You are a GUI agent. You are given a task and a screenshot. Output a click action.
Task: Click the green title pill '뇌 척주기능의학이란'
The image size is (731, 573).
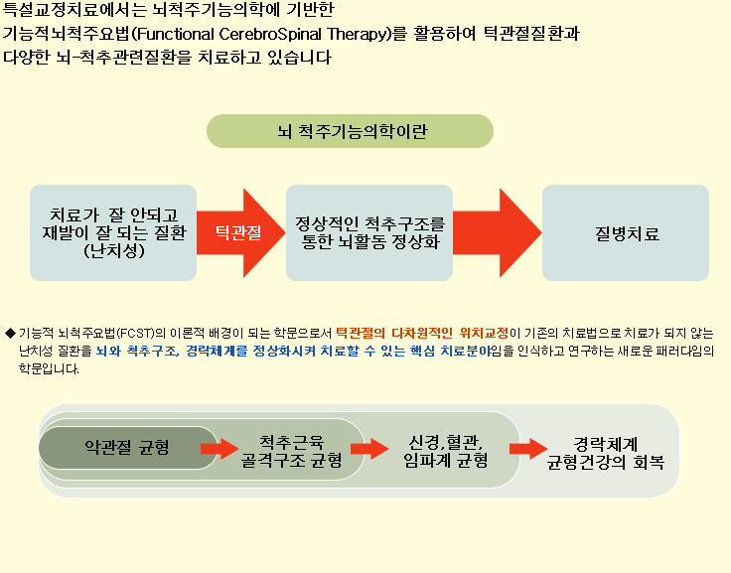tap(350, 131)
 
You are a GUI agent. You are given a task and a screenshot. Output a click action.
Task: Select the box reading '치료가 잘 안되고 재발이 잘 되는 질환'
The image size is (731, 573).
tap(113, 232)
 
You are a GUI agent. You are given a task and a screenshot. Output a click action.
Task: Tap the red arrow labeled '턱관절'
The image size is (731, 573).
tap(241, 232)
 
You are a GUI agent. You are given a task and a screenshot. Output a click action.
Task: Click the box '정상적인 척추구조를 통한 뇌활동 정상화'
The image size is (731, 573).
tap(369, 232)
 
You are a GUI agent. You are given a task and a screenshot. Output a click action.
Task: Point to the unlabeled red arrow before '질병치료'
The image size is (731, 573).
tap(498, 232)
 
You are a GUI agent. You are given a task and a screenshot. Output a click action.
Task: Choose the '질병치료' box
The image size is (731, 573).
tap(626, 232)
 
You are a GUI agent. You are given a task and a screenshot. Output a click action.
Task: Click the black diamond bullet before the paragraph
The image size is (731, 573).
tap(10, 334)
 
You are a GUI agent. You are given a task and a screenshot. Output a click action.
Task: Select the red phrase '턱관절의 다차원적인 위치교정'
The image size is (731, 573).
tap(422, 333)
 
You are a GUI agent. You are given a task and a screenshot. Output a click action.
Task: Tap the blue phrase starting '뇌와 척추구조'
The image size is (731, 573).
tap(294, 351)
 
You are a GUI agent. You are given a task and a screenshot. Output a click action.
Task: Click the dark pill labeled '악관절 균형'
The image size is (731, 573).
tap(128, 448)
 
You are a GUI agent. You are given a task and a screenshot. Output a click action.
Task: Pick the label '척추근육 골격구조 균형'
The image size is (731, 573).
tap(291, 451)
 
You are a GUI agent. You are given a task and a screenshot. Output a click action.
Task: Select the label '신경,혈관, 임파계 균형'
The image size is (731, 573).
tap(445, 451)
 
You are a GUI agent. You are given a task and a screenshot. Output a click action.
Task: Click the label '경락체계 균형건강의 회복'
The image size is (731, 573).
tap(605, 453)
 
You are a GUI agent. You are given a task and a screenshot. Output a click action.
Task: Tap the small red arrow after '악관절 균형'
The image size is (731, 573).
tap(219, 449)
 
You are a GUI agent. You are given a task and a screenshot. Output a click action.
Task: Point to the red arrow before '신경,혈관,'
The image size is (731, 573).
tap(369, 449)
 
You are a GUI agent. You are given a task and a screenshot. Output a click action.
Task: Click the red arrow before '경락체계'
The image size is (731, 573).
tap(528, 449)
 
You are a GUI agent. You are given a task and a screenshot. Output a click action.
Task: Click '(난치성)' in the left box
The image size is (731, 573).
tap(114, 251)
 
